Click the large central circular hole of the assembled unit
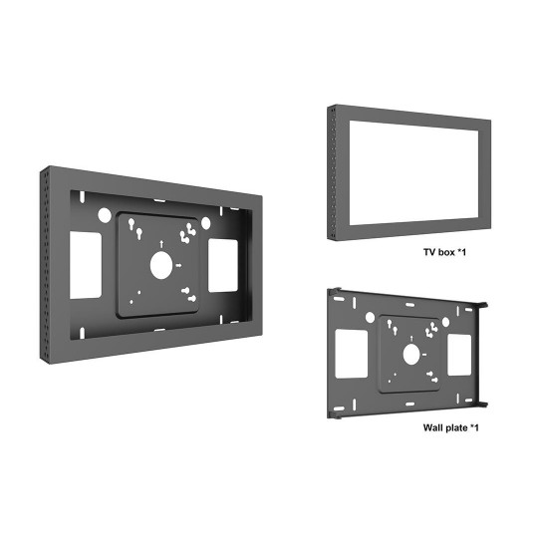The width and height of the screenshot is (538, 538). pyautogui.click(x=161, y=265)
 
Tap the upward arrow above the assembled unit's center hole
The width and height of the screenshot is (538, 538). pyautogui.click(x=161, y=244)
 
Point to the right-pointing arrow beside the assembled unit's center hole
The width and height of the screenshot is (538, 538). pyautogui.click(x=178, y=265)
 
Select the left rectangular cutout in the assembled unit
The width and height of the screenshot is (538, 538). pyautogui.click(x=86, y=265)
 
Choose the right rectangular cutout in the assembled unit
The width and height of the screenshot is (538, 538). pyautogui.click(x=223, y=266)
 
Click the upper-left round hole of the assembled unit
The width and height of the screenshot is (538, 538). pyautogui.click(x=105, y=215)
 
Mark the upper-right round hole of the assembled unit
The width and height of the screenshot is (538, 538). pyautogui.click(x=205, y=223)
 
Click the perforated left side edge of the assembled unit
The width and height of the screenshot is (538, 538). pyautogui.click(x=45, y=264)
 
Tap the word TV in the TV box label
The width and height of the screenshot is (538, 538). pyautogui.click(x=429, y=252)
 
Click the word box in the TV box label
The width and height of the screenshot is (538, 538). pyautogui.click(x=446, y=252)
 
